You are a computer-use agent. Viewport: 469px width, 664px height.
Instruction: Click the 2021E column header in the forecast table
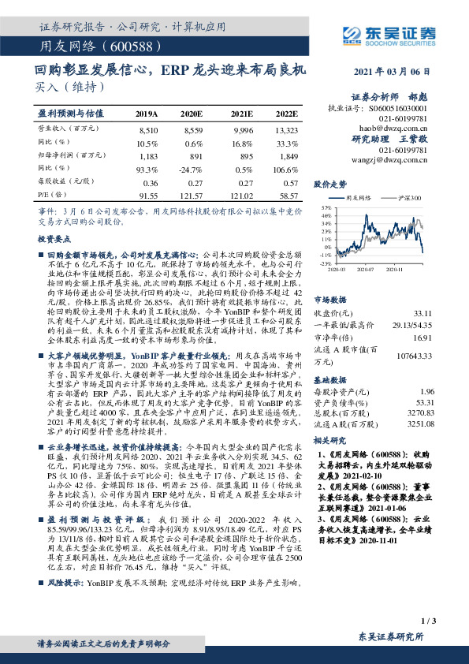(244, 114)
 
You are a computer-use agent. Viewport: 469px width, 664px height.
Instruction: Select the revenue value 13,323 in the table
(287, 128)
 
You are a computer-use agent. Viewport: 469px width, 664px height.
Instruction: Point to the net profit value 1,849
(287, 156)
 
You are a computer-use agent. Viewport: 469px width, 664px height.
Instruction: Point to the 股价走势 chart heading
(330, 184)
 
